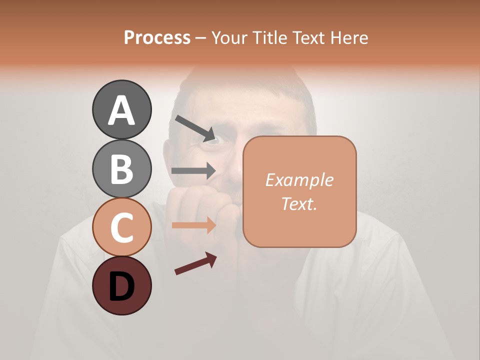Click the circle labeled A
121,109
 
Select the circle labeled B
121,168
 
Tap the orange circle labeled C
121,227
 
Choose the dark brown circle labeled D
121,285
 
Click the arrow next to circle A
195,128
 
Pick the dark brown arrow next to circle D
195,263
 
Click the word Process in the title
157,38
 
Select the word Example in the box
299,180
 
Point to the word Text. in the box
299,203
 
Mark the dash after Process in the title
201,38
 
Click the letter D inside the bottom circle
121,286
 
